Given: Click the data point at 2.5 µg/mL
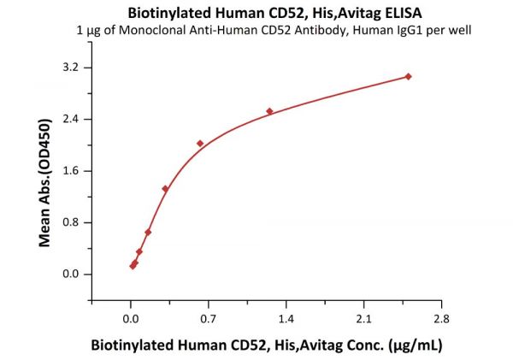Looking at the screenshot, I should click(x=409, y=76).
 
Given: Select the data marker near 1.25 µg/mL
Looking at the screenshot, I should click(x=269, y=111).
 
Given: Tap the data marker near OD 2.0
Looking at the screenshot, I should click(x=200, y=144).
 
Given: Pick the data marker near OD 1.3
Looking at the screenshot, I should click(x=165, y=189).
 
